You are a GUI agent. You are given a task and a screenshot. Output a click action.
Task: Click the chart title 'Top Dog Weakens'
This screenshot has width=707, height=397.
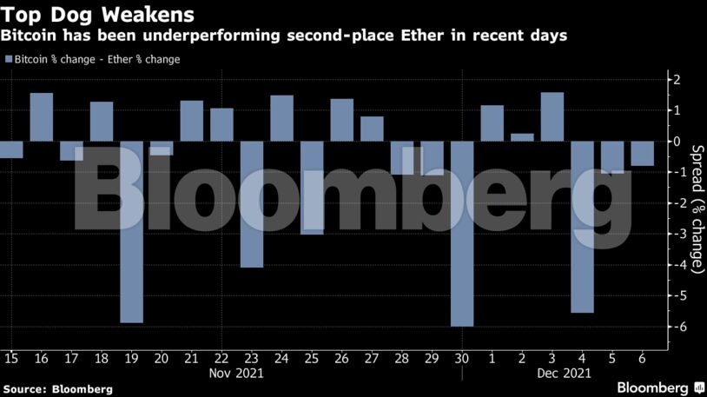(x=98, y=15)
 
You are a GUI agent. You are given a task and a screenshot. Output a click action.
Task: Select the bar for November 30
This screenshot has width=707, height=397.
(x=462, y=233)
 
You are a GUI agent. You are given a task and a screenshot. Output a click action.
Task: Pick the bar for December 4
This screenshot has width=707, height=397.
(x=582, y=226)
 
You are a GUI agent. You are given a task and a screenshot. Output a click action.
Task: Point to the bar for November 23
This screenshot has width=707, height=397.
(x=252, y=203)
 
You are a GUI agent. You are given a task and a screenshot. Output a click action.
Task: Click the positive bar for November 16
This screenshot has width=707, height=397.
(x=42, y=116)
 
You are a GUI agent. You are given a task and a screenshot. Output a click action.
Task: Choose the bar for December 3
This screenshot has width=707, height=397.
(x=552, y=116)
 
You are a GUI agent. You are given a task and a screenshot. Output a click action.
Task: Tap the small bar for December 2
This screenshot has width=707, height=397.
(x=522, y=136)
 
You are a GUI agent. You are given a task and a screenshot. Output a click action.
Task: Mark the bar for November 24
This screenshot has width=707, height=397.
(x=281, y=118)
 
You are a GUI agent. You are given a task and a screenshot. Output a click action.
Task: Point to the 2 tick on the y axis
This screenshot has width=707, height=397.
(x=677, y=80)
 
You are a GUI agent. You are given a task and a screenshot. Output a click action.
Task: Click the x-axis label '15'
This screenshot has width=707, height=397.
(x=11, y=357)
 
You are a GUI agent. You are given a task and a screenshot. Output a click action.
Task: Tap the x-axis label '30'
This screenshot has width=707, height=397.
(x=462, y=357)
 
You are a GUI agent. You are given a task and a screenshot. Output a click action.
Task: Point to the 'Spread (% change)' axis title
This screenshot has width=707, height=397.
(x=697, y=208)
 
